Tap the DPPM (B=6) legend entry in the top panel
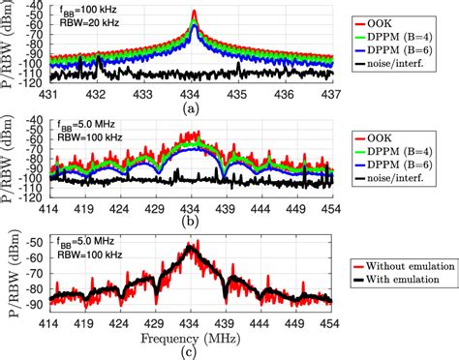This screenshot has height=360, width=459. pyautogui.click(x=402, y=49)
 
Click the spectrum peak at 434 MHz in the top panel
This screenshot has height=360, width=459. pyautogui.click(x=194, y=13)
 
